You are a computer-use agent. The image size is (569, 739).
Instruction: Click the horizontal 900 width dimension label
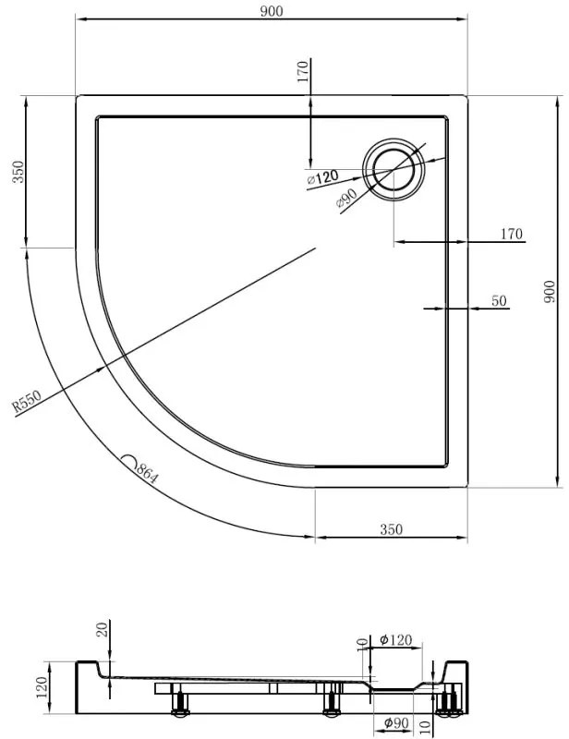[271, 10]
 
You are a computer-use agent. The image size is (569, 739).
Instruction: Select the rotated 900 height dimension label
[550, 293]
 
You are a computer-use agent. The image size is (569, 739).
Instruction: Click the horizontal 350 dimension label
[391, 529]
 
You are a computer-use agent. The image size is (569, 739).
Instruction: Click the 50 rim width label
[500, 300]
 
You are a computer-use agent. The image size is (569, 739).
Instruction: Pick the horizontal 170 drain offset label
[512, 234]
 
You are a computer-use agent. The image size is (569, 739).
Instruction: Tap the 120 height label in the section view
[42, 685]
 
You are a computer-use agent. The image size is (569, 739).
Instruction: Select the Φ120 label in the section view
[396, 639]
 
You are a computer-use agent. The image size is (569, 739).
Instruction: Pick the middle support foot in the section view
[330, 708]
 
